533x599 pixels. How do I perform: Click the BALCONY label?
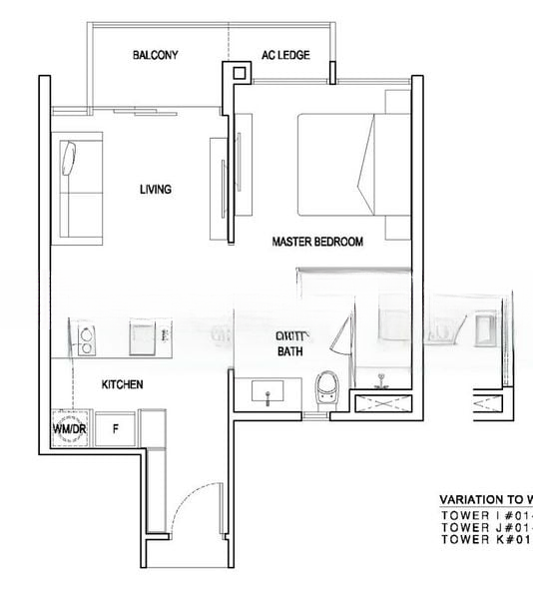155,55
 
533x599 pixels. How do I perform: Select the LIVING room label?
155,189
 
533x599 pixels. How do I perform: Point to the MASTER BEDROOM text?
317,242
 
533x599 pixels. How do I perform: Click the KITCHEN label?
123,384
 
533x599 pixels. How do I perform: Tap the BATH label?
289,352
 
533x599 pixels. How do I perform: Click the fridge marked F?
116,428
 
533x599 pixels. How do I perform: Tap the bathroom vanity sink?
270,392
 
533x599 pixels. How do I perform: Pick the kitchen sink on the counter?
141,337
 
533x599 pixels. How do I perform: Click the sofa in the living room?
79,189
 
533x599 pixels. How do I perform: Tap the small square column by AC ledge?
237,72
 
